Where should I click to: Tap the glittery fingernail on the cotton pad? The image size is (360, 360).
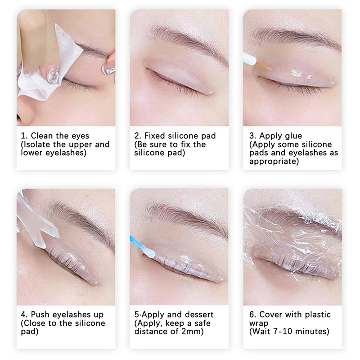53,75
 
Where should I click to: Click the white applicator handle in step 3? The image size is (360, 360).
250,59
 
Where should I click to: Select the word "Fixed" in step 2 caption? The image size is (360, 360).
155,136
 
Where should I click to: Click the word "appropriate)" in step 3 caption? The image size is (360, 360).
274,162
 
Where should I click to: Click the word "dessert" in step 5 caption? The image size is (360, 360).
199,314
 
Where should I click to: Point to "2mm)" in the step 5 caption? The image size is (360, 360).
193,332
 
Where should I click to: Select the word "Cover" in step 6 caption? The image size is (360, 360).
270,314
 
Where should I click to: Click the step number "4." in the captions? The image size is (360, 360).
24,314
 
